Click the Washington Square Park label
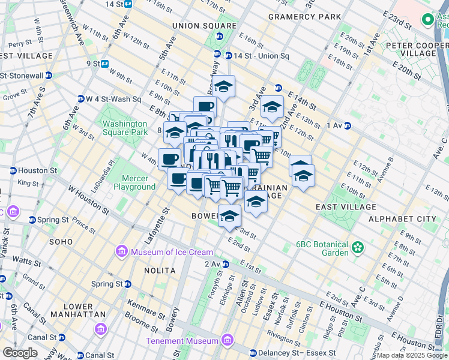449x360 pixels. tap(124, 128)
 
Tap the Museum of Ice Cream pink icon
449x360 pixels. tap(122, 251)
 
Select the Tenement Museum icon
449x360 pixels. tap(226, 341)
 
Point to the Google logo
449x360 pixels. tap(20, 353)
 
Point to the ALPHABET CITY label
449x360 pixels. tap(403, 219)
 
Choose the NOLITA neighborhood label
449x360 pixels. tap(160, 271)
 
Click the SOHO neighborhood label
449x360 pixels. tap(62, 242)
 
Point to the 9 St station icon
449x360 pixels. tap(105, 63)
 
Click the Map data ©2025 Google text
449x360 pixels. tap(412, 355)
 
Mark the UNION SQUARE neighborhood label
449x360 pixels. tap(204, 26)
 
